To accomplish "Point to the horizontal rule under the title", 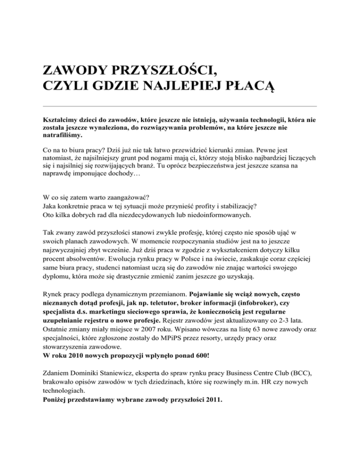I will (180, 106).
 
